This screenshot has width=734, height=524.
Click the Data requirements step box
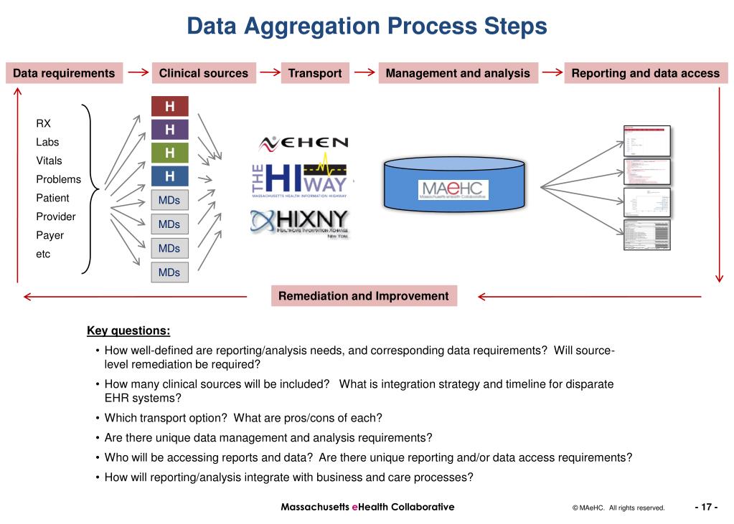click(64, 73)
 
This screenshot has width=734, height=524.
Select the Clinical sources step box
click(203, 73)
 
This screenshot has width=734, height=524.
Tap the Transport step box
click(315, 73)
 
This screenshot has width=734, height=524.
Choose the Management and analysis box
click(458, 73)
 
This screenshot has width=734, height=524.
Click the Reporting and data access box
click(645, 73)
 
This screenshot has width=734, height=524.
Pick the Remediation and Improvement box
click(363, 296)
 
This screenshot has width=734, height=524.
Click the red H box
click(169, 107)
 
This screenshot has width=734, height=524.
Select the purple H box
click(169, 130)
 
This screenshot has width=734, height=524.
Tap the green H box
click(169, 153)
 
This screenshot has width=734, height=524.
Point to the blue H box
click(169, 176)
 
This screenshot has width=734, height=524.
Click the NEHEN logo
click(304, 143)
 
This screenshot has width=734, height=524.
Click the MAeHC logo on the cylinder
click(453, 189)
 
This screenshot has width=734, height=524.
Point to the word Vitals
click(50, 161)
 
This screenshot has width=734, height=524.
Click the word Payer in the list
click(50, 235)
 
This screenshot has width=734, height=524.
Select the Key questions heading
click(128, 330)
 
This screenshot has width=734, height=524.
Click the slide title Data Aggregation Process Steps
click(367, 27)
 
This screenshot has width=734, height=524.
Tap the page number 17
click(706, 508)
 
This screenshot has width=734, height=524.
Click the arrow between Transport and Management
click(365, 72)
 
